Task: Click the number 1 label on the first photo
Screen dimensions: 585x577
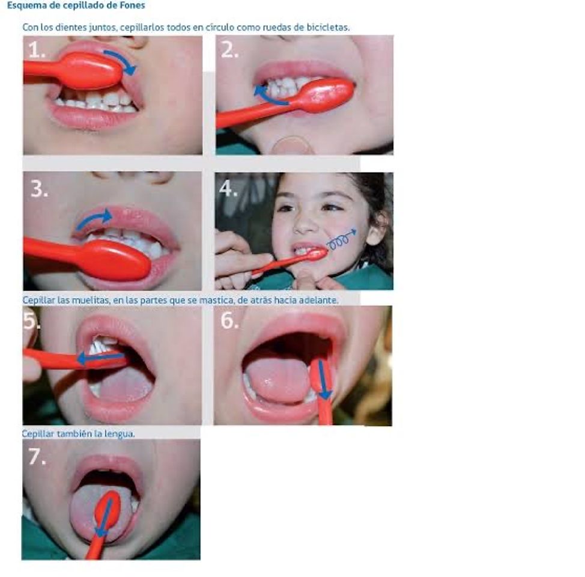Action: coord(36,50)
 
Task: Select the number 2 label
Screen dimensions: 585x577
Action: coord(229,49)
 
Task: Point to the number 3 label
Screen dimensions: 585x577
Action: coord(39,189)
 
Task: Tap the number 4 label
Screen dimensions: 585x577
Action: coord(228,188)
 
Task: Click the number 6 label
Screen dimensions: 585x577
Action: coord(229,320)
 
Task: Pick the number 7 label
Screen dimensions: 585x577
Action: coord(37,456)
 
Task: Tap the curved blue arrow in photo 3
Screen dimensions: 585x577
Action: coord(93,218)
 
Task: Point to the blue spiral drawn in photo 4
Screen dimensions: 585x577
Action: coord(341,240)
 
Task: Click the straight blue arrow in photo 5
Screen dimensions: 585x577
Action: coord(101,358)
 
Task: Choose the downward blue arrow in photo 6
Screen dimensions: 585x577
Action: coord(323,379)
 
